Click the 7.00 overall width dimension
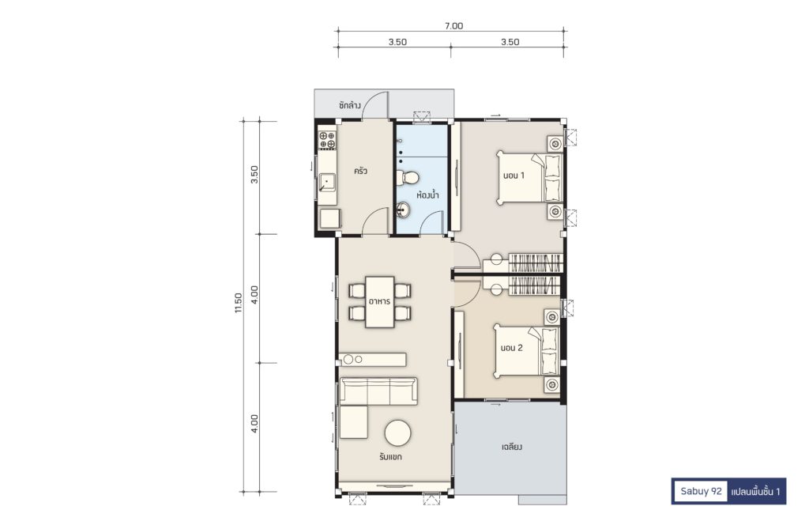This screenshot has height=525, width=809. coord(453,26)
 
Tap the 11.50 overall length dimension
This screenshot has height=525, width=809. coord(238,303)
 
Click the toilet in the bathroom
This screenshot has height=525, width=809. coord(408,178)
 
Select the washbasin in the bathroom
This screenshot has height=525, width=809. coord(404,210)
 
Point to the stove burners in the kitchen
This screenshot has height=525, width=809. coord(327,140)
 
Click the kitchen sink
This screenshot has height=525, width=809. coord(326,183)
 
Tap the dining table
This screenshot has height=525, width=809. coord(380,303)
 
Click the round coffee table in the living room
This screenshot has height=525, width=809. coord(398,433)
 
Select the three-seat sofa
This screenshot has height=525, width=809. coord(378,391)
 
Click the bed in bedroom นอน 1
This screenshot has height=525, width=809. coord(529,177)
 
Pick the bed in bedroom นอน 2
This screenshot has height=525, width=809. coord(525,351)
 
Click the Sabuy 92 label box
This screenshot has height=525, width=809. coord(701,491)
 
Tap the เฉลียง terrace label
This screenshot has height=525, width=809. coord(511,447)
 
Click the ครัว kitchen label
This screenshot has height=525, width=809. coord(360,170)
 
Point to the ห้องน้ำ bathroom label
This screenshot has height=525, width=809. coord(427,195)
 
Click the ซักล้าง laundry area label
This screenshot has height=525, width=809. coord(349,105)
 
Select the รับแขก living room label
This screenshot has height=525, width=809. coord(390,457)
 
